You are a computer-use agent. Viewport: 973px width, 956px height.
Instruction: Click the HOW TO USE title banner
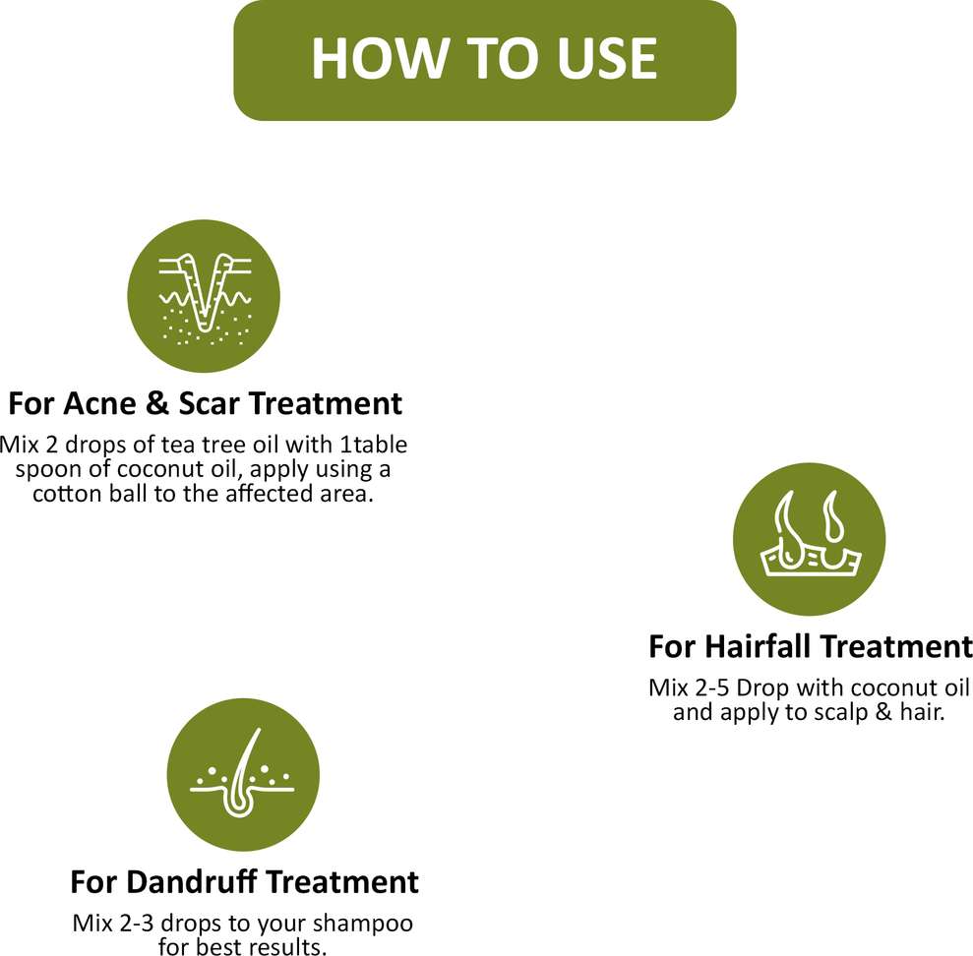[485, 60]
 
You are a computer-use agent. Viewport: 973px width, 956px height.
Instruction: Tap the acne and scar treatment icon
[204, 296]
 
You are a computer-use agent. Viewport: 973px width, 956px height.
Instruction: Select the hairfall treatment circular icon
[809, 539]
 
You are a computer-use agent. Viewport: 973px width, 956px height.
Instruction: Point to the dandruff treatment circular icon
[243, 775]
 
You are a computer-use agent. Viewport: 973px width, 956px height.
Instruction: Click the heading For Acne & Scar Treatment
[206, 403]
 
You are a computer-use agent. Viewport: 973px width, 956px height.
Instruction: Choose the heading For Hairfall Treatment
[811, 646]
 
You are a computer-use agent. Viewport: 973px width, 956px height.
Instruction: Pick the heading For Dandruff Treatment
[245, 881]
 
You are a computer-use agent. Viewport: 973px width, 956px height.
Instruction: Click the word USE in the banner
[607, 58]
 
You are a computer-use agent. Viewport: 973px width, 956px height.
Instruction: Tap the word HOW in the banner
[380, 58]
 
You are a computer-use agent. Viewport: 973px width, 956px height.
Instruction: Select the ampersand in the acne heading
[157, 403]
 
